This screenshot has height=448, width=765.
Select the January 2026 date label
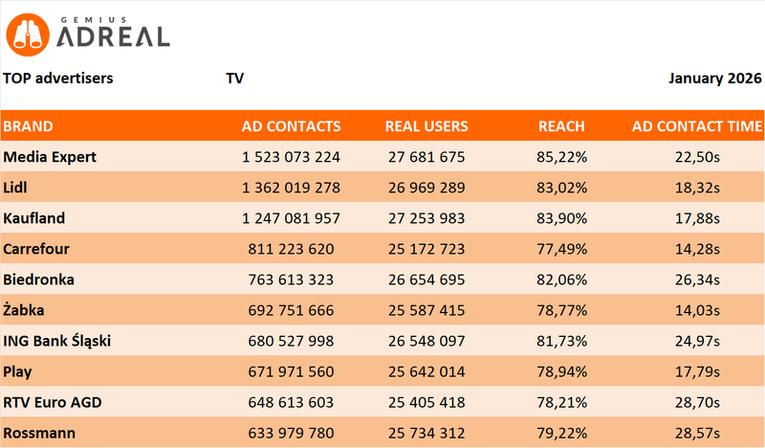(714, 78)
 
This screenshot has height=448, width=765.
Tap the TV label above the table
(234, 78)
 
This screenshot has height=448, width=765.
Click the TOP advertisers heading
(58, 78)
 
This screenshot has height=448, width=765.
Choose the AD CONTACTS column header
(291, 126)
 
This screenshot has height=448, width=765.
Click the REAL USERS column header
(426, 126)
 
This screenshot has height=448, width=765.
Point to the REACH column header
(561, 126)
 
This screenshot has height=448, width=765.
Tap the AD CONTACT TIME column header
(697, 126)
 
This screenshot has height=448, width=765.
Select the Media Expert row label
(50, 157)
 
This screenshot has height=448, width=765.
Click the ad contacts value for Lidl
(292, 188)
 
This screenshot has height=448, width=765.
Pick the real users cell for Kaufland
(426, 218)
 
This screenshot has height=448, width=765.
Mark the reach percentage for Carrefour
(562, 249)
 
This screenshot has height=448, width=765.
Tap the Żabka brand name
(26, 310)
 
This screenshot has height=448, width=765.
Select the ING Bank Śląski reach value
(562, 341)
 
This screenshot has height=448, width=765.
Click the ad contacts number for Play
(292, 371)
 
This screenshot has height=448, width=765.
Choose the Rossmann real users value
(426, 433)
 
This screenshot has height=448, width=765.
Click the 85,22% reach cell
(562, 157)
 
